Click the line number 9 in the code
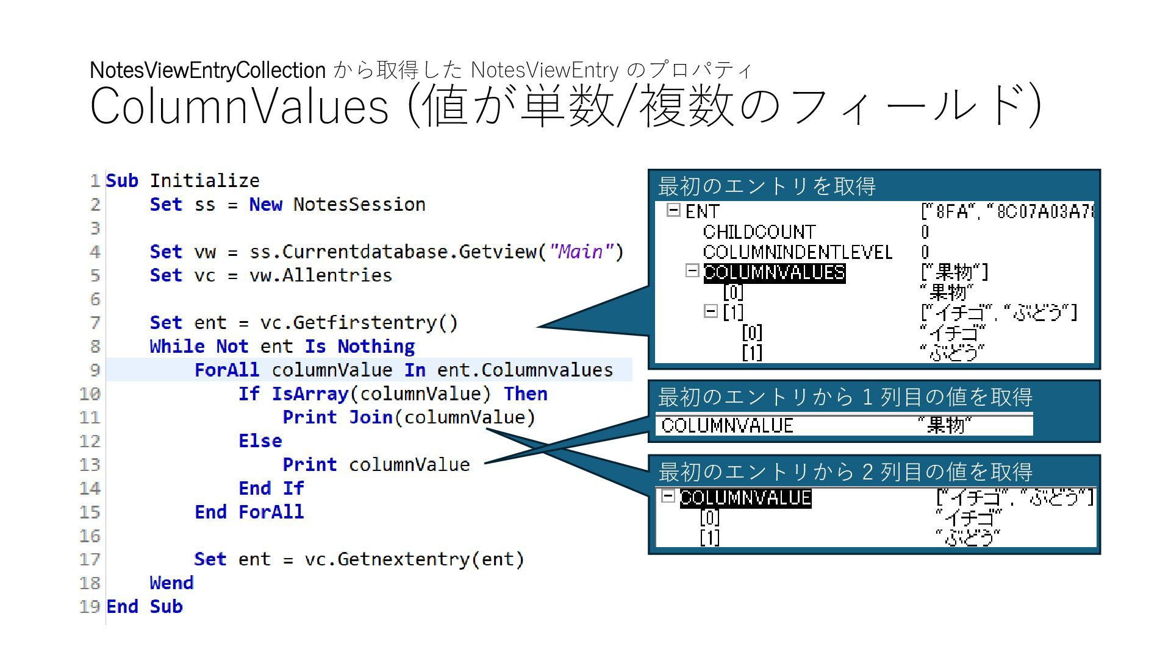(x=95, y=370)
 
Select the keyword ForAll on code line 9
(x=226, y=370)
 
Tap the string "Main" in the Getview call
(x=581, y=252)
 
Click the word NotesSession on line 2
(x=359, y=205)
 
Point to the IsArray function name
(x=309, y=394)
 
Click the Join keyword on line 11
(x=370, y=417)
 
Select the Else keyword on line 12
(x=260, y=441)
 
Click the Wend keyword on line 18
(x=171, y=583)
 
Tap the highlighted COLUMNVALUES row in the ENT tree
(x=774, y=272)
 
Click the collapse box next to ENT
(x=673, y=211)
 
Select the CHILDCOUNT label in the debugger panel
(x=759, y=232)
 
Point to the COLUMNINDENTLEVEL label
(x=797, y=252)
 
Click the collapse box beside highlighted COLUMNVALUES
(x=692, y=271)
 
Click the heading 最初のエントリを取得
(x=767, y=186)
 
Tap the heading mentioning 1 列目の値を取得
(x=845, y=397)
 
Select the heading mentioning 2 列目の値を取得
(x=845, y=472)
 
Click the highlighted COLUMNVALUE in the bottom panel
(x=745, y=498)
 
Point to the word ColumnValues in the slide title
(x=239, y=106)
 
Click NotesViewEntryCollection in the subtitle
(x=207, y=70)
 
